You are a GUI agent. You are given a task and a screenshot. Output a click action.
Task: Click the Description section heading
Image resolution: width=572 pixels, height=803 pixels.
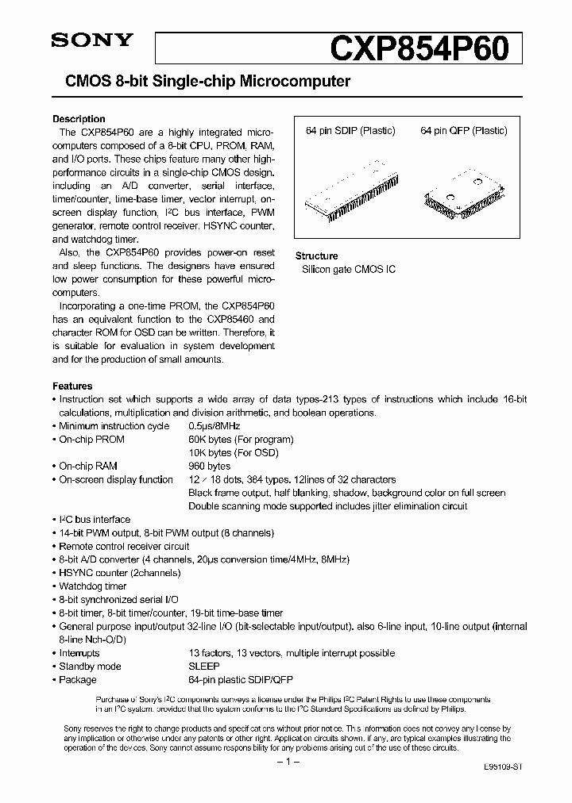[79, 119]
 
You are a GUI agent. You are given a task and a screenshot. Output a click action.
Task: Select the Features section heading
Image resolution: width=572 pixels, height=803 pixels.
[72, 386]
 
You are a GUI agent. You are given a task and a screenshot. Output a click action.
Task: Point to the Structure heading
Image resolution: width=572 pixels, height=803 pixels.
[316, 256]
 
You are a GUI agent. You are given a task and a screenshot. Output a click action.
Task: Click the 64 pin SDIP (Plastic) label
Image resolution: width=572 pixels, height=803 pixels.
[350, 131]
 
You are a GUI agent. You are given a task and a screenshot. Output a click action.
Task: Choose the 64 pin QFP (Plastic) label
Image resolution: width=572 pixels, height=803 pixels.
[464, 131]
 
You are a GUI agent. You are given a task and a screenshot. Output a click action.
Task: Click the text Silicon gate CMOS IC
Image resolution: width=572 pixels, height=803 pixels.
[348, 270]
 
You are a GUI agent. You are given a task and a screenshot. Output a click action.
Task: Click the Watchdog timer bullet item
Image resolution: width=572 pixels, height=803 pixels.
[93, 586]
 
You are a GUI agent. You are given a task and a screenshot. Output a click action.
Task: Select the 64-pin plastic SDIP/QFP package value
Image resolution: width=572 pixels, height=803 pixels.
[242, 680]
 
